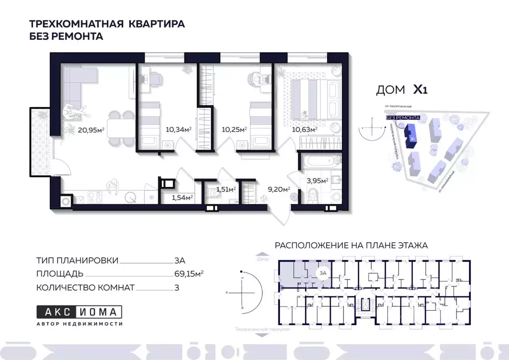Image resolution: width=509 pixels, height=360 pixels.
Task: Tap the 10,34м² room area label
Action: [178, 130]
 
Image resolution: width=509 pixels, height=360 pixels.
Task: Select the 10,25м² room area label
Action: [234, 130]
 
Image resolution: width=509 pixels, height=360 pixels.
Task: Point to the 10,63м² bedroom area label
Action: [304, 130]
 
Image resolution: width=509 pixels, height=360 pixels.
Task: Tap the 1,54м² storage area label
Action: [182, 197]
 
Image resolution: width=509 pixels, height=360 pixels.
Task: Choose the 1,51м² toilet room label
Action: [225, 189]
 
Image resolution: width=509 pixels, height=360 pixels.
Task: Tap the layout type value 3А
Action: [180, 260]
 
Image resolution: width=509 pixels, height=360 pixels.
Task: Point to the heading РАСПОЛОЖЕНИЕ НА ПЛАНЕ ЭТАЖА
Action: [351, 245]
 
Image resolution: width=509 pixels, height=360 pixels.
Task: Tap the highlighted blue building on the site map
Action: [412, 135]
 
